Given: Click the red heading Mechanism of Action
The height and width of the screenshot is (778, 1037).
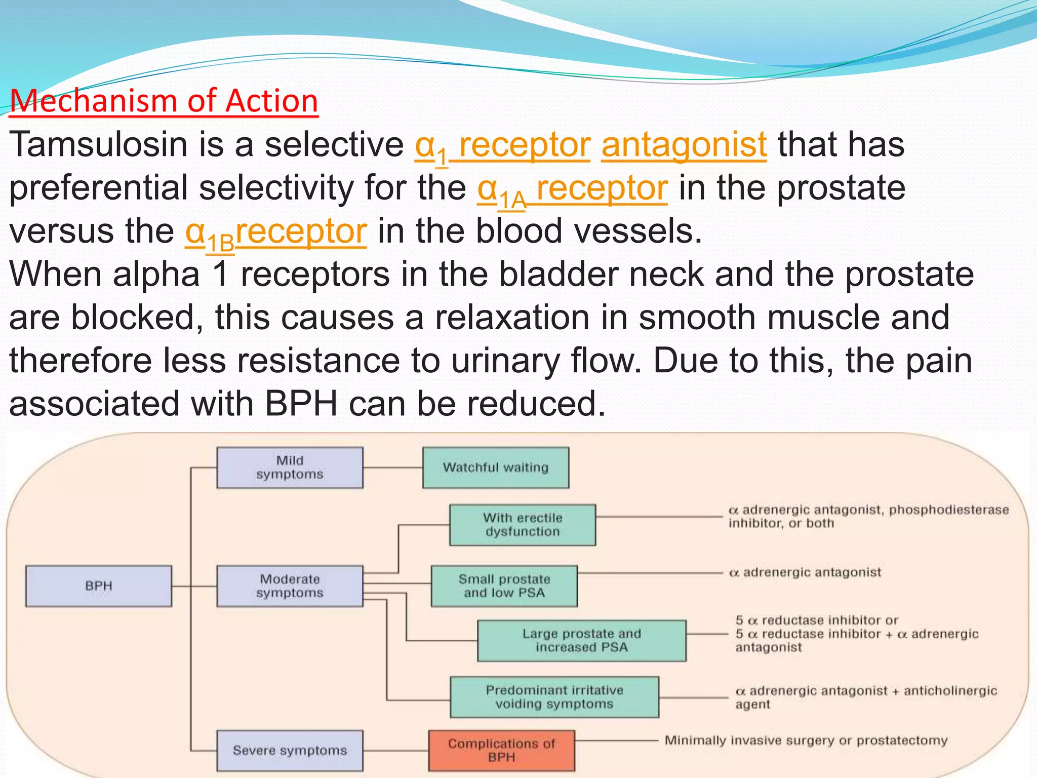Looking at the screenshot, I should pos(164,101).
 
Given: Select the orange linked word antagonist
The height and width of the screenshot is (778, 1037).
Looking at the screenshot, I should pos(684,144).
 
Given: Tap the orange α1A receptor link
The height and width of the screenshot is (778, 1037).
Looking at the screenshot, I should pos(572,188).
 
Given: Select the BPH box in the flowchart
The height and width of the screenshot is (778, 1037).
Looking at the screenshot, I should pos(99,586).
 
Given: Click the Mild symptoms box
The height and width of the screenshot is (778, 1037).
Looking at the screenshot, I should pos(290,467).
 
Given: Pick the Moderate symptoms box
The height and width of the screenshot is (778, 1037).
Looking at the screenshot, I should pos(290,586).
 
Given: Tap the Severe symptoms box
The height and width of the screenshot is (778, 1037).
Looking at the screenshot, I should pos(290,750).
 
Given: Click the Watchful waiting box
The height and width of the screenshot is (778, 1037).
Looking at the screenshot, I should pos(495,467).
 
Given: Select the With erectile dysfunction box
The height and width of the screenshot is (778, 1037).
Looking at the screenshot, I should pos(522,525).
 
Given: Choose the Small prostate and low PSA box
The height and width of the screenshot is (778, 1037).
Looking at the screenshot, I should pos(504,586).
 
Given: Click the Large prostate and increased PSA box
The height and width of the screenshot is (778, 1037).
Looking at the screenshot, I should pos(581,641).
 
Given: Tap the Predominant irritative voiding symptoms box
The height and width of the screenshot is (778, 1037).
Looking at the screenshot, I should pos(554,697).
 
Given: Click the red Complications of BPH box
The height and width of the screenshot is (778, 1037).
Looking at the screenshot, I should pos(501,750).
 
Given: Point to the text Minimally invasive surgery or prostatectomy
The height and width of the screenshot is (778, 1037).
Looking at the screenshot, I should pos(806,741).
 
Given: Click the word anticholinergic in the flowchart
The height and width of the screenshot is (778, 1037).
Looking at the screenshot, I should pos(950,691).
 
